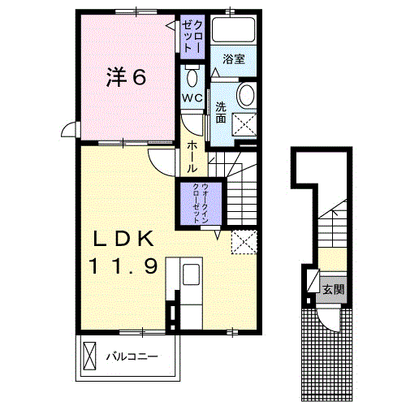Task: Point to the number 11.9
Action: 122,266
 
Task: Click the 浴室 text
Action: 234,59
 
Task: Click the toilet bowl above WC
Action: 192,79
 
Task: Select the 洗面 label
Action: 221,112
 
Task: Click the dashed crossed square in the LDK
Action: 244,241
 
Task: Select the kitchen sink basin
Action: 191,274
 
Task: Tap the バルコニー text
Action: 131,356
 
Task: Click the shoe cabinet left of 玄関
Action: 310,282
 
